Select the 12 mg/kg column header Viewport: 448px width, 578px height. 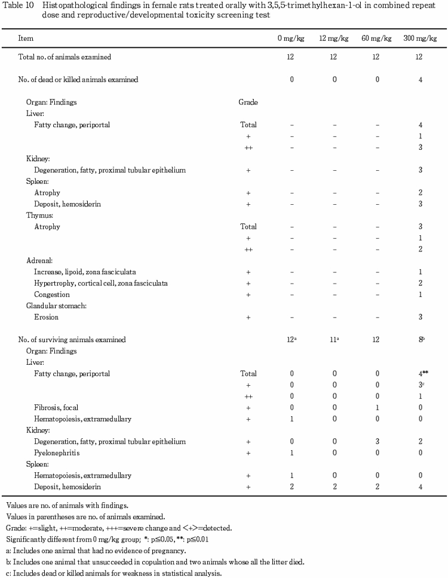pos(335,38)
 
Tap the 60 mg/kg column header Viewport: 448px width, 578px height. pos(377,38)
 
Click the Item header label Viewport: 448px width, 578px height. pos(26,38)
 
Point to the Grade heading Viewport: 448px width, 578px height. pos(248,102)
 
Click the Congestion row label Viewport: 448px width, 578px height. pos(52,294)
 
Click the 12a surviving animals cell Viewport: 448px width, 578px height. pos(293,339)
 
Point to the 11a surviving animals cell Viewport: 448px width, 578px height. pos(335,339)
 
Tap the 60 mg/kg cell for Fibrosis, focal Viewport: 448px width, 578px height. pos(377,407)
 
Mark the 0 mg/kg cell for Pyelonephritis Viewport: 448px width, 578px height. pos(291,453)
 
